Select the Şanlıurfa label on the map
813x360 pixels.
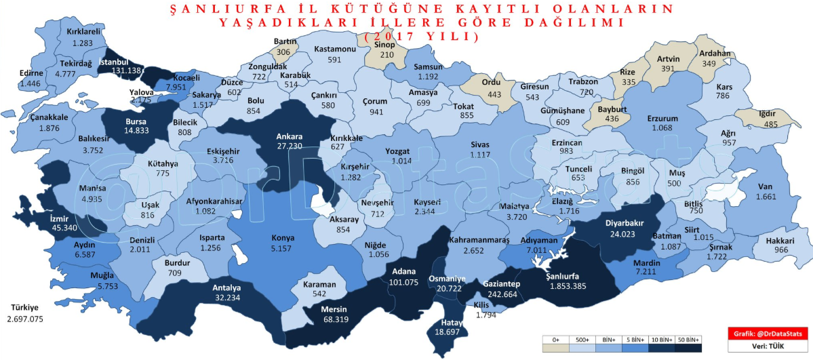coord(568,275)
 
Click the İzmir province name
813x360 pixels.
coord(60,219)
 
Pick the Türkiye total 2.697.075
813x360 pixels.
coord(24,318)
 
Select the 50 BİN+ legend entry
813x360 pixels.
coord(690,339)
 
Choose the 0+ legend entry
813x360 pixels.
coord(555,339)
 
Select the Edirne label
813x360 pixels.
coord(32,73)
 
